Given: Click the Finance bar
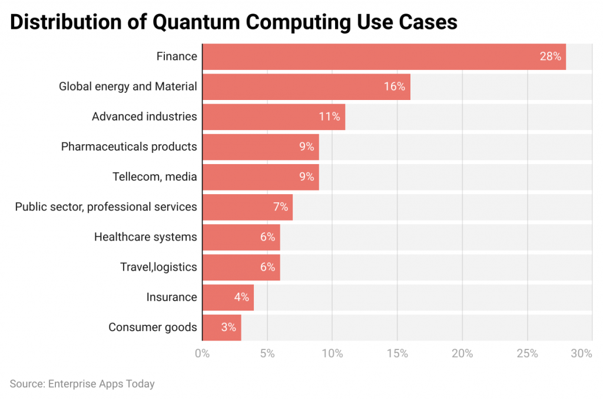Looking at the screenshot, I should click(383, 56).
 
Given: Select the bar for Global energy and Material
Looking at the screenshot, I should click(306, 86).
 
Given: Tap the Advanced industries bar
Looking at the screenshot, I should click(273, 116).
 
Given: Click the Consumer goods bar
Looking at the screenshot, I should click(221, 327).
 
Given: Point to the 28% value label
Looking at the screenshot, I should click(551, 56).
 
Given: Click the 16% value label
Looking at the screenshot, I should click(395, 86).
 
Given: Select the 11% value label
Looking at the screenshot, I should click(329, 116).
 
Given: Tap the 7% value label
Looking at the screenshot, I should click(280, 207).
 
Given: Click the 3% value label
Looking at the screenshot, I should click(228, 327).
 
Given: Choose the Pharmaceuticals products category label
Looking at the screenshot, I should click(129, 146).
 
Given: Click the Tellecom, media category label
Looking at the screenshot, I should click(154, 176).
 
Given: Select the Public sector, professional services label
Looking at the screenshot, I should click(106, 207).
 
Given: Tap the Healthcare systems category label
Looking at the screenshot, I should click(145, 237).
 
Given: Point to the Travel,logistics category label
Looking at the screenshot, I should click(158, 267).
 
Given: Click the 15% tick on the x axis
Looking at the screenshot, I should click(397, 354).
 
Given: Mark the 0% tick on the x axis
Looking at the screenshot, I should click(202, 354).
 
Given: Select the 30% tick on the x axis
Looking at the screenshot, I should click(581, 354).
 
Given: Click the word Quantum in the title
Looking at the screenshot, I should click(197, 22).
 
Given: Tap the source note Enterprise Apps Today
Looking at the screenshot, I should click(82, 384).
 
